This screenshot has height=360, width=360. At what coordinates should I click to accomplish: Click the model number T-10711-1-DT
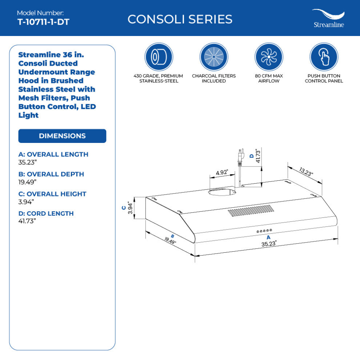point(43,22)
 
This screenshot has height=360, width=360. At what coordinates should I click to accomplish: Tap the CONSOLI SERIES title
point(180,19)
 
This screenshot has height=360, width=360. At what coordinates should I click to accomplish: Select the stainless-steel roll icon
point(159,57)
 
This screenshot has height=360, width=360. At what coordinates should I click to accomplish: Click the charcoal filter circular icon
point(214,57)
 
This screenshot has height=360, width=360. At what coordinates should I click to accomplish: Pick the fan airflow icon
point(269,57)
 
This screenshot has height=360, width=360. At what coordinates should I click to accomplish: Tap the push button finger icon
point(324,57)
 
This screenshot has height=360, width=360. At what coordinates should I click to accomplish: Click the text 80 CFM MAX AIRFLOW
point(269,78)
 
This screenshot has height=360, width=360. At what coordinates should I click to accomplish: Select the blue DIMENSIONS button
point(62,136)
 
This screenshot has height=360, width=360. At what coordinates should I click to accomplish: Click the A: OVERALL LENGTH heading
point(53,155)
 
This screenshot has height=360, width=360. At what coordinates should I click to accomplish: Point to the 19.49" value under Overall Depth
point(28,182)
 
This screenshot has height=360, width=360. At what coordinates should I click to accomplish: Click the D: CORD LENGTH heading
point(46,213)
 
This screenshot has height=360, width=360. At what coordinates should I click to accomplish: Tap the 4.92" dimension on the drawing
point(221,173)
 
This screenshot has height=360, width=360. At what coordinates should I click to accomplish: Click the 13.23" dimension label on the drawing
point(306,171)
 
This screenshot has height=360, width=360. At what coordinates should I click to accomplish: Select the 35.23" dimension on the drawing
point(269,244)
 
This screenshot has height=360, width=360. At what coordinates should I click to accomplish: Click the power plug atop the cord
point(240,155)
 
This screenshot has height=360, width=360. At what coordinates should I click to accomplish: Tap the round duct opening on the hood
point(221,192)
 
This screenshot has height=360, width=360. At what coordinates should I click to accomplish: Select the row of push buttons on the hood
point(264,231)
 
